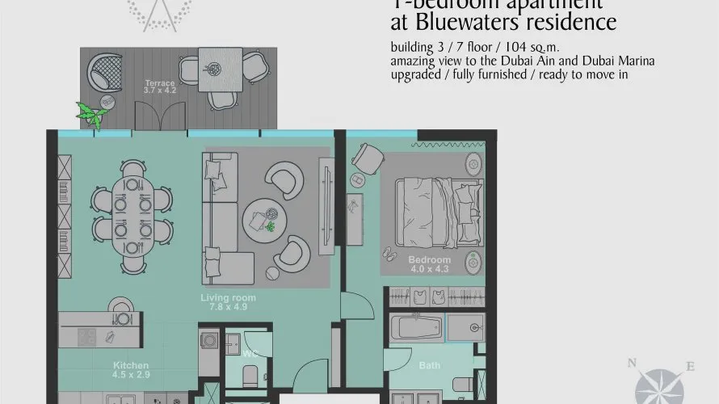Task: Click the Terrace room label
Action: (159, 83)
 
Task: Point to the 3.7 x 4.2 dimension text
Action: (159, 91)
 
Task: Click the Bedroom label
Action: (429, 259)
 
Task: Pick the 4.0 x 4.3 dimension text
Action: (429, 268)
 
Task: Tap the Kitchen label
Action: (130, 366)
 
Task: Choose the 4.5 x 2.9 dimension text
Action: (130, 375)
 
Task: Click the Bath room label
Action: (429, 366)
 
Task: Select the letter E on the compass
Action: (690, 367)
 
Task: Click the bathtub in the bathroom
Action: (415, 328)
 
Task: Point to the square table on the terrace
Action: (220, 64)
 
